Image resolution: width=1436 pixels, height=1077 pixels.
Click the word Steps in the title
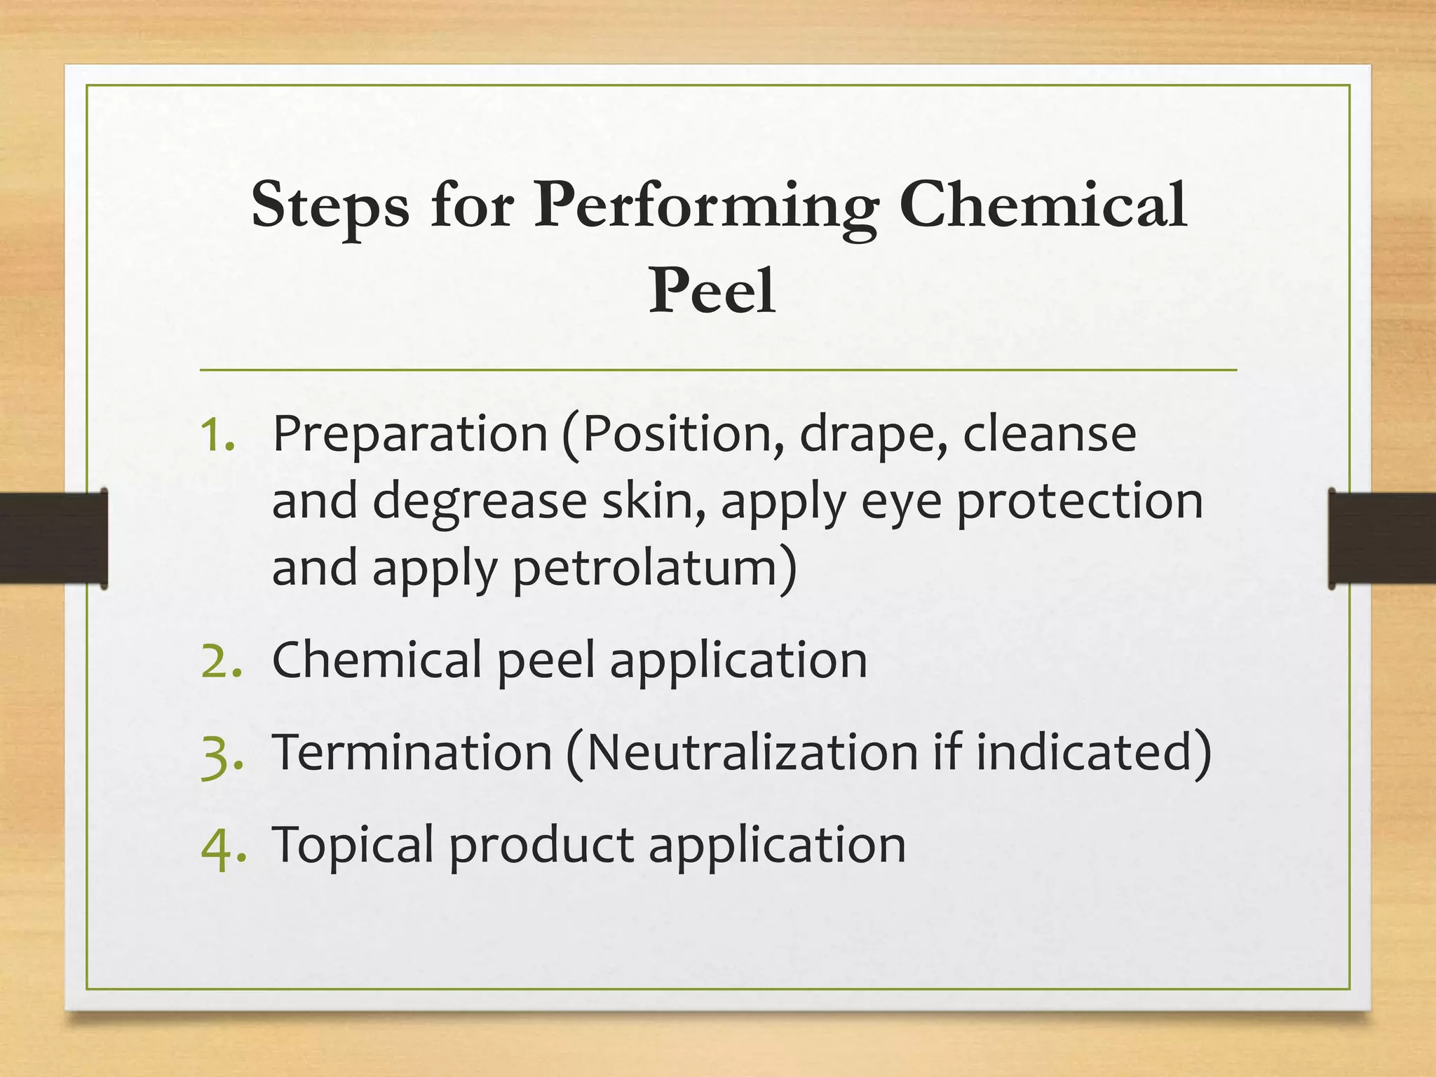(x=330, y=205)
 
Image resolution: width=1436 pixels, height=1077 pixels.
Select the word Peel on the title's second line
(x=712, y=291)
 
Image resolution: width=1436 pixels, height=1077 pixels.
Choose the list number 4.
(x=222, y=847)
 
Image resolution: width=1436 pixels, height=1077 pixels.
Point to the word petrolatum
(x=645, y=568)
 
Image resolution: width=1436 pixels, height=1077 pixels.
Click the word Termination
(x=412, y=752)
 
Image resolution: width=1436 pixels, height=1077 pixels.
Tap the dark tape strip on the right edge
(x=1382, y=538)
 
